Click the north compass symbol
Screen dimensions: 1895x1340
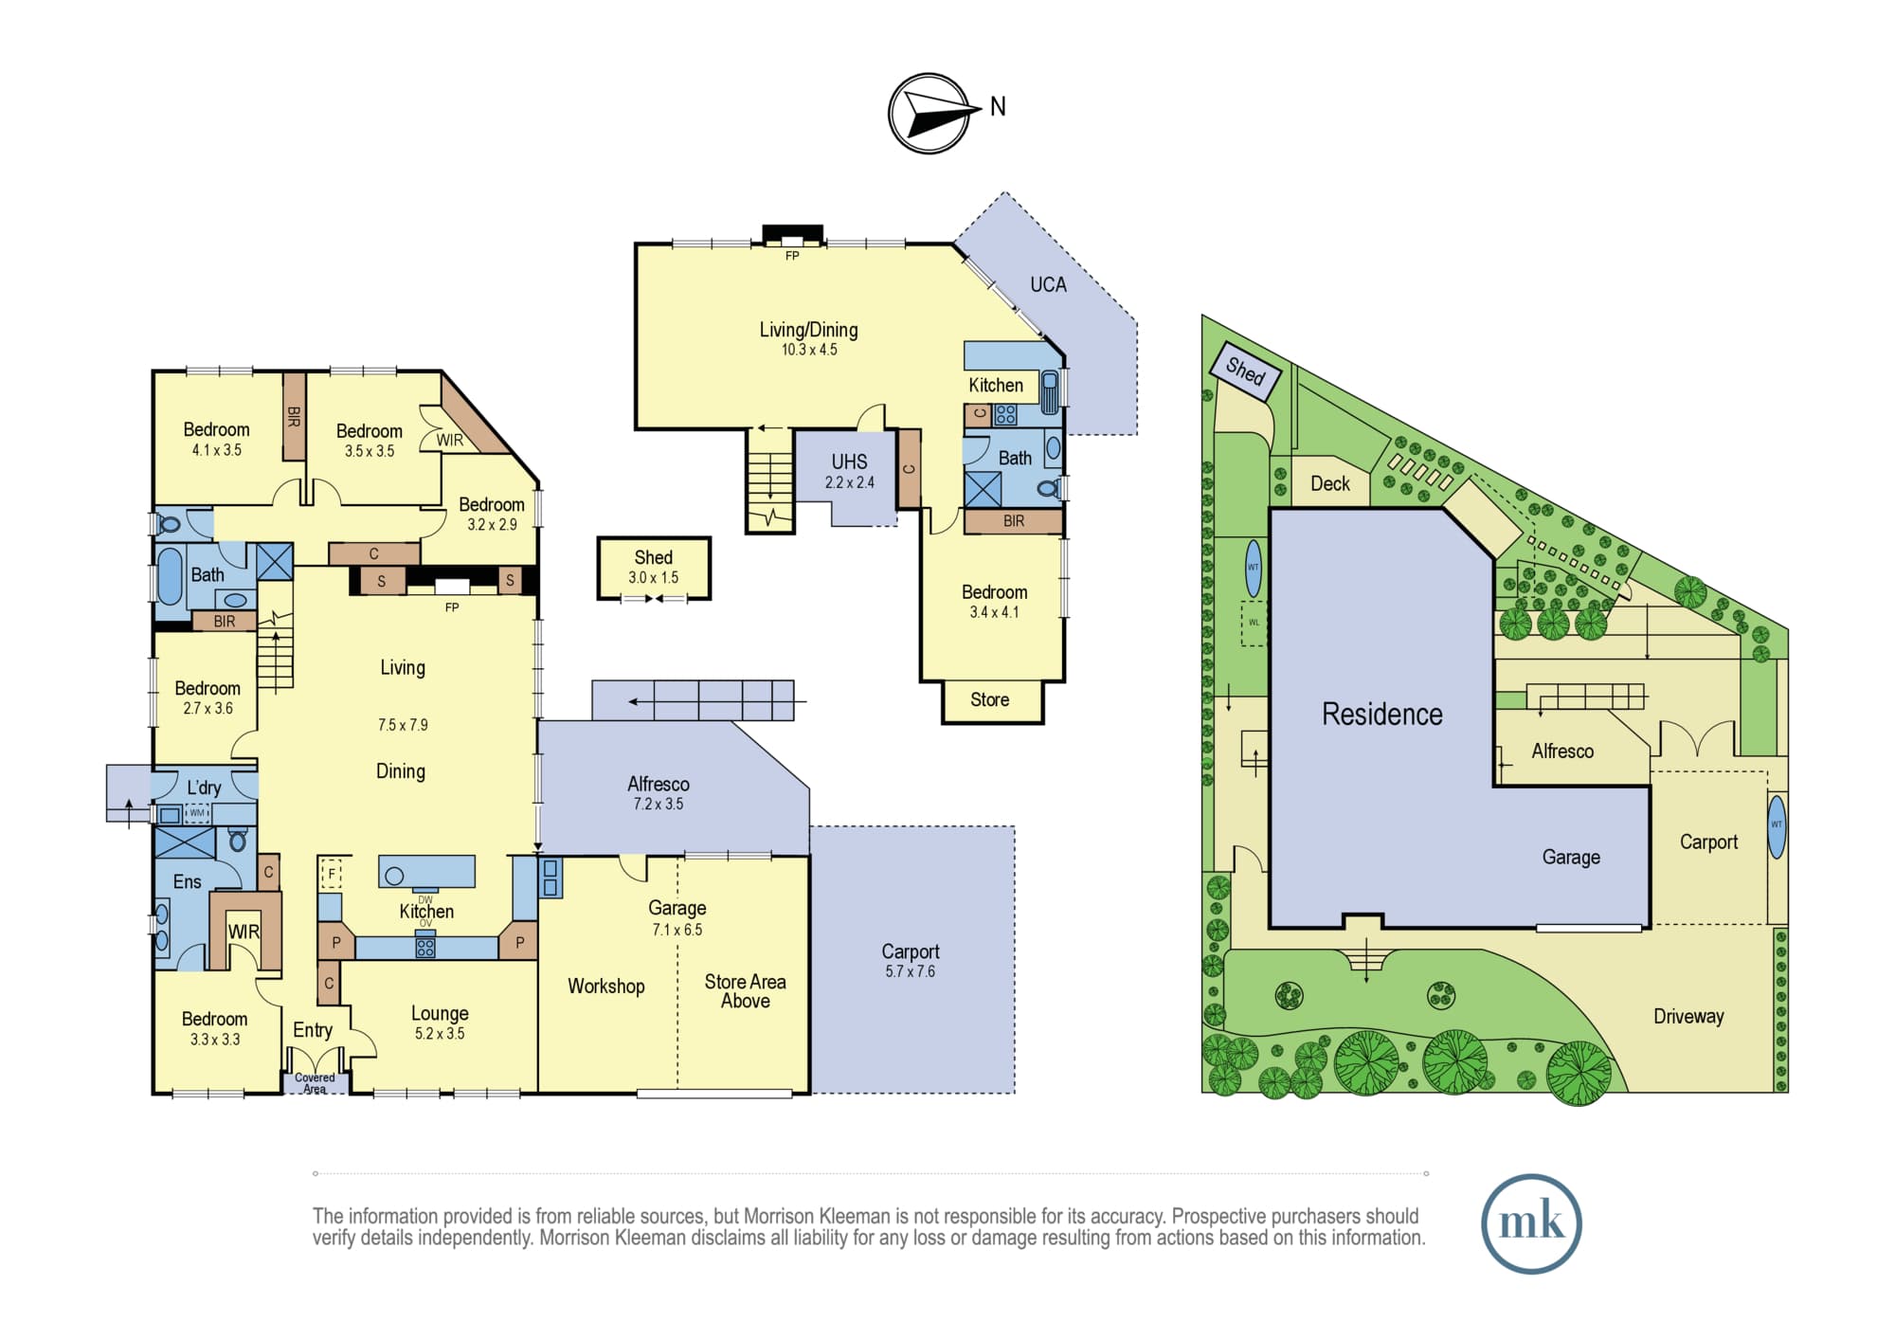929,113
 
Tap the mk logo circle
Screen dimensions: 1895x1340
1531,1223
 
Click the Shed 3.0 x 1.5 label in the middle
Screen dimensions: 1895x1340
654,567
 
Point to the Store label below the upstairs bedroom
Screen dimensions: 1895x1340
989,699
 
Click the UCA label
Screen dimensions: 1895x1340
1048,284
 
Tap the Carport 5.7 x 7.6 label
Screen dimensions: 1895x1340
911,960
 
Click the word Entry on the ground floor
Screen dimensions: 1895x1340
313,1030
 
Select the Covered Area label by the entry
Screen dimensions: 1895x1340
315,1083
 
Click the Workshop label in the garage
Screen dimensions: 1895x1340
606,987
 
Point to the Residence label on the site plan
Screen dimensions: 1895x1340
1382,714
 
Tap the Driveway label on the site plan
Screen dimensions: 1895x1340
1688,1016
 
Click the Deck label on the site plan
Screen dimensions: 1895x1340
1330,483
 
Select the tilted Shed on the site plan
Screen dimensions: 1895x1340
1246,371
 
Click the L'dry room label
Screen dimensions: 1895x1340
204,788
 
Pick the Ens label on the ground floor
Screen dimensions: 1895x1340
188,881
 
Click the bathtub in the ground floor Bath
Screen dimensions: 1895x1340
170,575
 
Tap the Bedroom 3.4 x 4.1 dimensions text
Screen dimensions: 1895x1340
994,612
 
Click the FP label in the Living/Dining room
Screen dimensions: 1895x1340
792,256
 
